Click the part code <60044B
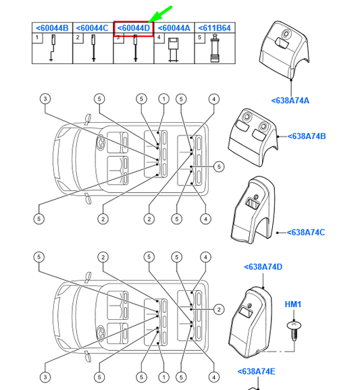tap(52, 28)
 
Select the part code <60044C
tap(92, 28)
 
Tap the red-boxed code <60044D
tap(134, 28)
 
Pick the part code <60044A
tap(174, 28)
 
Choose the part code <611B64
tap(214, 28)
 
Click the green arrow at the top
tap(160, 14)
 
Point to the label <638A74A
tap(290, 101)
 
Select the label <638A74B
tap(307, 136)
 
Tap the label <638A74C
tap(306, 233)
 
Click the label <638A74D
tap(263, 267)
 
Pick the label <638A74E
tap(257, 372)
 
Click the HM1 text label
tap(293, 304)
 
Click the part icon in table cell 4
tap(173, 49)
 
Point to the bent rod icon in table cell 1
tap(53, 48)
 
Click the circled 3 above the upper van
tap(45, 99)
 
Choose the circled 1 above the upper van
tap(164, 99)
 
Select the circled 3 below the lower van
tap(45, 377)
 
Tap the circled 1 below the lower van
tap(164, 377)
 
